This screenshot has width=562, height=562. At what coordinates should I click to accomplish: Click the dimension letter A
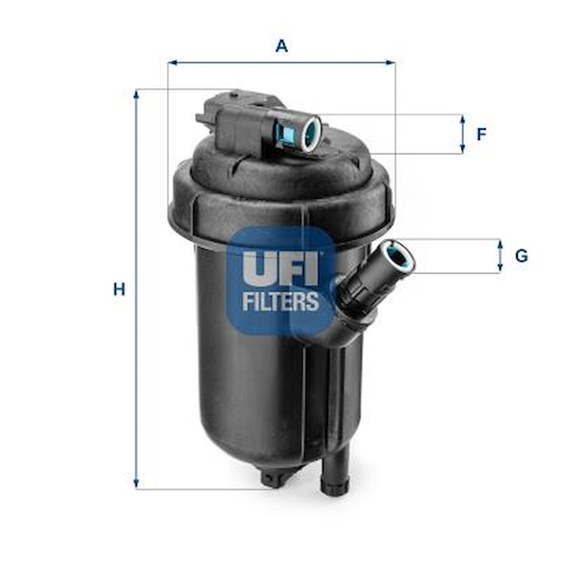pos(281,46)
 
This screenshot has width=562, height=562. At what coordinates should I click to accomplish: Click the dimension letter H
pos(119,289)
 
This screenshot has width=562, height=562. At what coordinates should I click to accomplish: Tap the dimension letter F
pos(482,135)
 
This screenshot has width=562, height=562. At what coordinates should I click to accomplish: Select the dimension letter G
pos(522,256)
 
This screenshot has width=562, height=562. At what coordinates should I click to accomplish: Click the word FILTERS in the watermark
pos(281,301)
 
